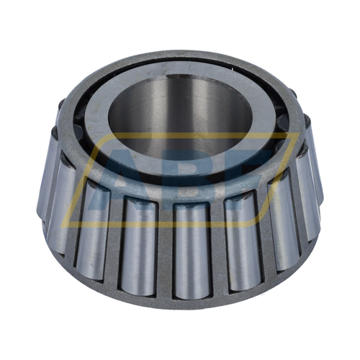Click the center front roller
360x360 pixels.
[x=192, y=248]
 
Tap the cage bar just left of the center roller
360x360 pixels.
[x=165, y=248]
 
